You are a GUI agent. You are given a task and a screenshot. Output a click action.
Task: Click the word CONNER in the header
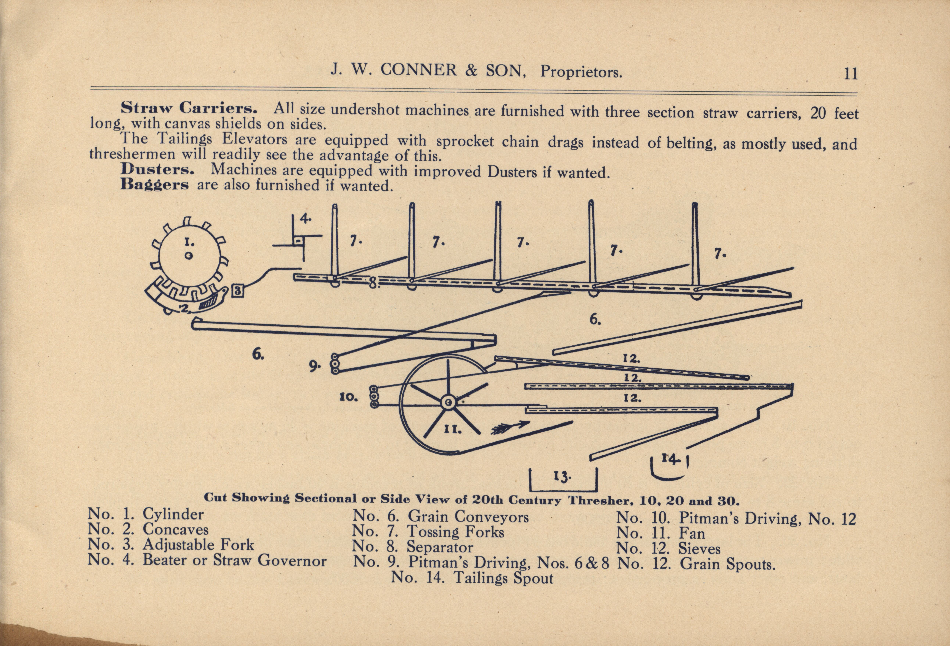pos(419,71)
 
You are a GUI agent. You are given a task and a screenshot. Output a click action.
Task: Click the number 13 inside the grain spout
pos(562,477)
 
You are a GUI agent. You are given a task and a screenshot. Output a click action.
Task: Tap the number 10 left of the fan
pos(349,397)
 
